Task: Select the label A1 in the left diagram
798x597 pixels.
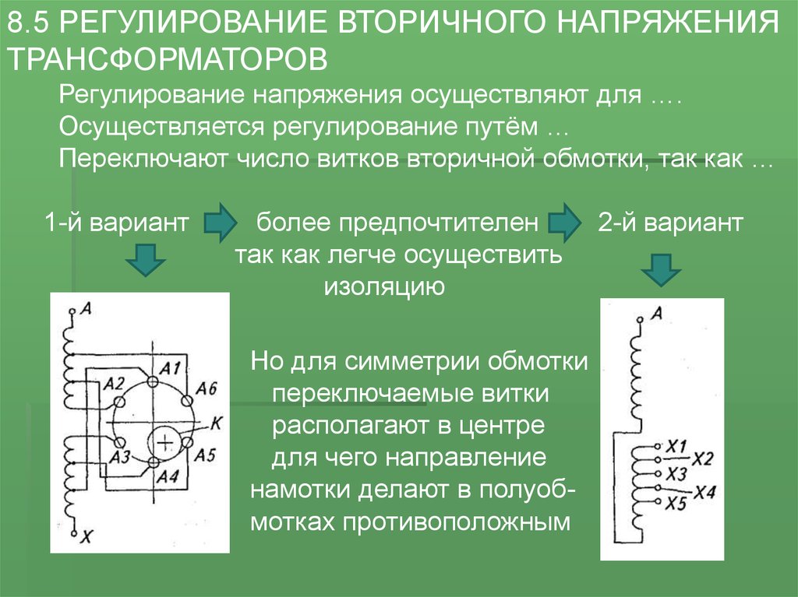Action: pyautogui.click(x=171, y=367)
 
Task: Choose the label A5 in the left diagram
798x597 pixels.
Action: pyautogui.click(x=206, y=455)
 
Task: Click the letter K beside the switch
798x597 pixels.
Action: pyautogui.click(x=217, y=423)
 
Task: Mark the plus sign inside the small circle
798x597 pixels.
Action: pyautogui.click(x=166, y=442)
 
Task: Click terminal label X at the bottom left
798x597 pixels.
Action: pyautogui.click(x=87, y=536)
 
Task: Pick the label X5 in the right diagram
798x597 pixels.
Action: pyautogui.click(x=676, y=504)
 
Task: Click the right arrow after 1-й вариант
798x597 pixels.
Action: pyautogui.click(x=220, y=223)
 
